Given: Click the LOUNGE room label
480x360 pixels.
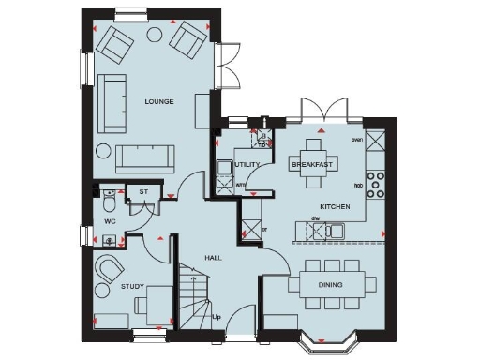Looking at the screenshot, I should pos(158,100).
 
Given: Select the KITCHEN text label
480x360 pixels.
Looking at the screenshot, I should pos(335,205).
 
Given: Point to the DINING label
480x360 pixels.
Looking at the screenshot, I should pos(330,284).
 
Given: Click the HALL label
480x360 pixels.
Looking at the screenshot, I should pos(212,257).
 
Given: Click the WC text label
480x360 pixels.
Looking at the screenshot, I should pos(109,222).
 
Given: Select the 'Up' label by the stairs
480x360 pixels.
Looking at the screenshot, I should pos(217,317).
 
